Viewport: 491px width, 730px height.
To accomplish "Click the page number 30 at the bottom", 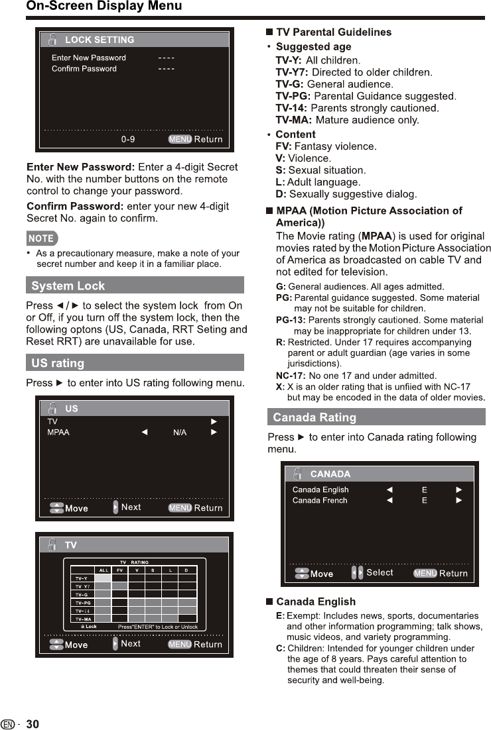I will pos(33,724).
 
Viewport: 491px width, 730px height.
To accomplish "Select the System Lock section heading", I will pos(68,286).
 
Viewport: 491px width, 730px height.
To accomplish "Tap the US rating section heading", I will pos(58,363).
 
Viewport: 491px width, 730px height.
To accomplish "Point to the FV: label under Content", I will pos(283,146).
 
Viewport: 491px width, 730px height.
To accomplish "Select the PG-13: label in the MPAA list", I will pos(291,320).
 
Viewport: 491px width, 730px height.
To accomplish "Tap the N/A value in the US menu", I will pos(180,433).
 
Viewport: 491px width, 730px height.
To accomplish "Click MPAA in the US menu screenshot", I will pos(58,433).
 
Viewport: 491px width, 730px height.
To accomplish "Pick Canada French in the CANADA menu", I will pos(320,500).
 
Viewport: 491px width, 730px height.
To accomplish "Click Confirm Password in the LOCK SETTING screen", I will pos(84,69).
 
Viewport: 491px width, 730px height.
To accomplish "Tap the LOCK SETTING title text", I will pos(100,40).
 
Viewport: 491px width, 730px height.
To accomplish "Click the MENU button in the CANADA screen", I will pos(425,573).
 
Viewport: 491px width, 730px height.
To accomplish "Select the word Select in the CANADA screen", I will pos(380,572).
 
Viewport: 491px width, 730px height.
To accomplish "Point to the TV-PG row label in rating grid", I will pos(83,603).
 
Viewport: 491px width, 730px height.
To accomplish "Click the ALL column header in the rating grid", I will pos(104,570).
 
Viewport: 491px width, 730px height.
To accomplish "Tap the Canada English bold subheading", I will pos(316,601).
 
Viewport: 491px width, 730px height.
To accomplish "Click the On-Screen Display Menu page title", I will pos(104,7).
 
